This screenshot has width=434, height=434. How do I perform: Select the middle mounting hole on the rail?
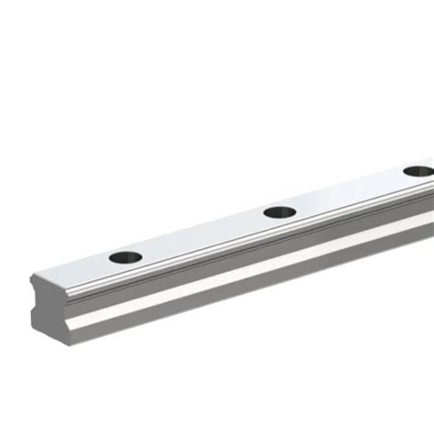click(x=279, y=212)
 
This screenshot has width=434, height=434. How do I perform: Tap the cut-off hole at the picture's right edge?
click(x=418, y=171)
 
